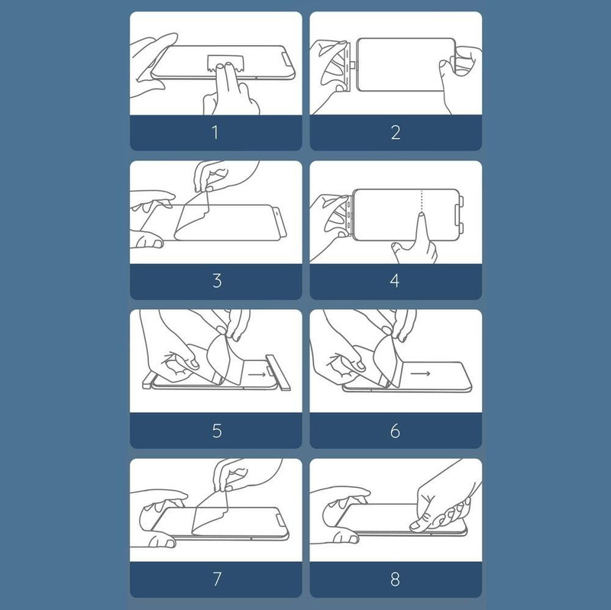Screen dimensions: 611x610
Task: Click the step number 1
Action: pos(215,132)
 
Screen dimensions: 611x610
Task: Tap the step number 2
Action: pos(396,132)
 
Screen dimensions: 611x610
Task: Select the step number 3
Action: pos(217,281)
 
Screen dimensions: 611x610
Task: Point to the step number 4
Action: pos(395,281)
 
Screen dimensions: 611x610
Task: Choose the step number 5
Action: pos(217,431)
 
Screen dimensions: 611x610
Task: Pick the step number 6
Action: pos(395,431)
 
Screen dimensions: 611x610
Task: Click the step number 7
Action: pos(217,579)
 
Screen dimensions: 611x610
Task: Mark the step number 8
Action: pos(395,579)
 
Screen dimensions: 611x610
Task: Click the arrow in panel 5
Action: pos(257,375)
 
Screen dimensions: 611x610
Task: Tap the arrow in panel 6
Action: pos(421,373)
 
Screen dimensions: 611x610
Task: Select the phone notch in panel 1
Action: pos(286,59)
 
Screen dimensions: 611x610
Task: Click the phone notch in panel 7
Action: pos(281,521)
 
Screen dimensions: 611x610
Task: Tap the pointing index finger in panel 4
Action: pos(422,230)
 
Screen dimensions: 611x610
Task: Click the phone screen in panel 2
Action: pos(406,65)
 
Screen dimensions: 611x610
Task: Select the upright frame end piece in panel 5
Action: pos(278,372)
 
